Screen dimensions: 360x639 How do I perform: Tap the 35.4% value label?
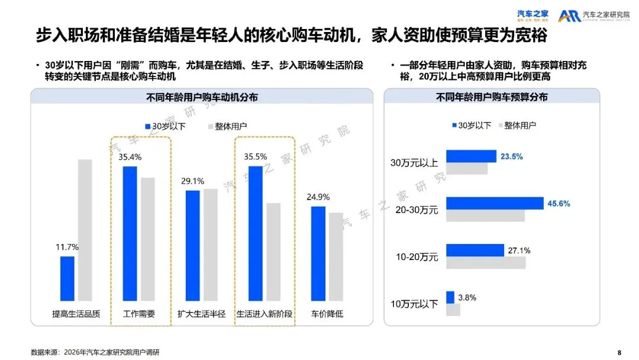click(x=130, y=157)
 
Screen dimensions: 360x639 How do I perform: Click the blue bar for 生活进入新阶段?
click(x=255, y=233)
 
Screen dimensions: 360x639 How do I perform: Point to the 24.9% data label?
click(x=318, y=197)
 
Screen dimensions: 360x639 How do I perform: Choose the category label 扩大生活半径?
click(x=202, y=314)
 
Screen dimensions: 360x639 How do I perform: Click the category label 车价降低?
click(x=327, y=314)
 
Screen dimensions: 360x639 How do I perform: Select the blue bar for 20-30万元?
click(x=494, y=203)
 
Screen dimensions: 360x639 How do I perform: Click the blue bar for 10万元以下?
click(x=450, y=297)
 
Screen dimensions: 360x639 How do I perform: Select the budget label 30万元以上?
click(x=414, y=162)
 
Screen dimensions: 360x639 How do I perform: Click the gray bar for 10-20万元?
click(x=486, y=263)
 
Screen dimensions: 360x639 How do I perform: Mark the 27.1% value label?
click(x=519, y=250)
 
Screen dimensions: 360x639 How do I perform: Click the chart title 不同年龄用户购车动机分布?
click(x=202, y=97)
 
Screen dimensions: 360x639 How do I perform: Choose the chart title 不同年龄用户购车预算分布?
click(x=492, y=97)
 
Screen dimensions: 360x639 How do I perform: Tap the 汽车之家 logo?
click(x=532, y=15)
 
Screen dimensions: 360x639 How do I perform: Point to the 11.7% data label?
click(x=67, y=247)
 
